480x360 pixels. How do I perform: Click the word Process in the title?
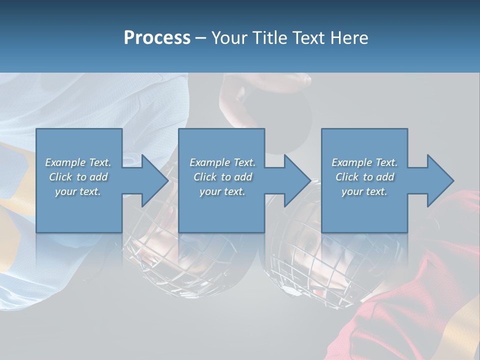157,38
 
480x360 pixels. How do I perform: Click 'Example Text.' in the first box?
78,162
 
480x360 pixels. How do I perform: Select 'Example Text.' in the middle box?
222,162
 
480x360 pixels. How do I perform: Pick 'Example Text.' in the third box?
364,162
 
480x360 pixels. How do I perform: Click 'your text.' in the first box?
78,191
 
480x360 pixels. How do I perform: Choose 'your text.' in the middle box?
222,191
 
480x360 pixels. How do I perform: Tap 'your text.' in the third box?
364,191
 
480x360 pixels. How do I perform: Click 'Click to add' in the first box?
78,177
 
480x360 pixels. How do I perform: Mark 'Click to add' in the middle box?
222,177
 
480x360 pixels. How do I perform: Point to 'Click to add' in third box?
364,177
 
